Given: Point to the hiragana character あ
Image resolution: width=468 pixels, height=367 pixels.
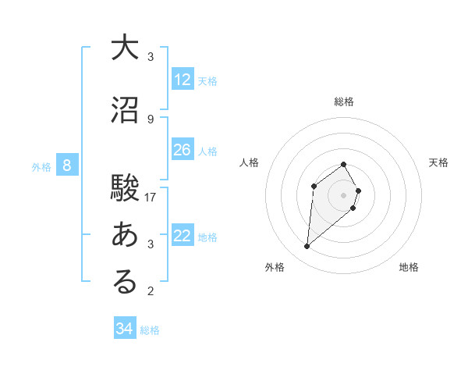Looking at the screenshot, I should pyautogui.click(x=125, y=234).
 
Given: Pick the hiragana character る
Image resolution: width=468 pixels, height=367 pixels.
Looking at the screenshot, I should pyautogui.click(x=125, y=282).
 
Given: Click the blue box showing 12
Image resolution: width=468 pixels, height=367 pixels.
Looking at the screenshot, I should pyautogui.click(x=183, y=80).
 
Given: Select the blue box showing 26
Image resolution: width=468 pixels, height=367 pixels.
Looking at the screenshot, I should pyautogui.click(x=183, y=150).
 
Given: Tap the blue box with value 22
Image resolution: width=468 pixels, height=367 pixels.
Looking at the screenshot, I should pyautogui.click(x=183, y=237).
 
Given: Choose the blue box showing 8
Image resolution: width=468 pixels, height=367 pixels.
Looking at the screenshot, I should pyautogui.click(x=68, y=166).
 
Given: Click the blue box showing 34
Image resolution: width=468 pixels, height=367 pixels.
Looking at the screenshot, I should pyautogui.click(x=125, y=329).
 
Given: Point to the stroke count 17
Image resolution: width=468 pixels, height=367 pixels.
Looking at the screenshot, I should pyautogui.click(x=151, y=197).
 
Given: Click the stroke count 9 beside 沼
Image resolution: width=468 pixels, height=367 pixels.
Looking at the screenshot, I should pyautogui.click(x=151, y=119).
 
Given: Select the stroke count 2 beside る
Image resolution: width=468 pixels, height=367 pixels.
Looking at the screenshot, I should pyautogui.click(x=151, y=292).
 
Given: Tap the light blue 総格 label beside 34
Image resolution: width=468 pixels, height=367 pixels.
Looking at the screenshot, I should pyautogui.click(x=150, y=330).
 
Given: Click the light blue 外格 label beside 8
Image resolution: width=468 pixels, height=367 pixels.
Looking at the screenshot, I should pyautogui.click(x=41, y=166).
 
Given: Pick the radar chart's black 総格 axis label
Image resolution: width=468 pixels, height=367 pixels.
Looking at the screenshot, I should pyautogui.click(x=344, y=102).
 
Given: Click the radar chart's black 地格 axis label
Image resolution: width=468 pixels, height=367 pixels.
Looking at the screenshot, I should pyautogui.click(x=409, y=267).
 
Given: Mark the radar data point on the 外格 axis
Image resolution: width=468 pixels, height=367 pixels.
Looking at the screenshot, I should pyautogui.click(x=307, y=247).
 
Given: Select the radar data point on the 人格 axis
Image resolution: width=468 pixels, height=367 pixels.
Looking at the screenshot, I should pyautogui.click(x=314, y=186).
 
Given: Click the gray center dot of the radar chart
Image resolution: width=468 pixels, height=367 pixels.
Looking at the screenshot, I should pyautogui.click(x=343, y=194).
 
